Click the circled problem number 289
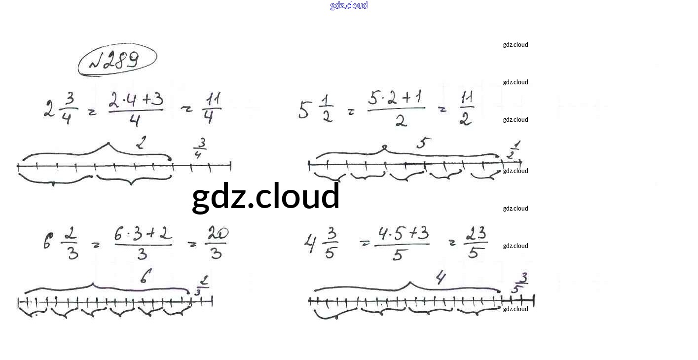click(x=117, y=60)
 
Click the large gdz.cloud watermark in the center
click(x=266, y=196)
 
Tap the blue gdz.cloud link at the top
click(x=349, y=5)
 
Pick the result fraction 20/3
click(x=216, y=242)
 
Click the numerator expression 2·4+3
click(x=135, y=100)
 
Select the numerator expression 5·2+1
click(x=396, y=98)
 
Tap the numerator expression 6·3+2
click(x=143, y=234)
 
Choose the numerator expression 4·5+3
click(x=402, y=233)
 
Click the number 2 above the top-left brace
click(x=142, y=143)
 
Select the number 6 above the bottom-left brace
click(x=143, y=278)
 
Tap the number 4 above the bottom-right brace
click(x=441, y=278)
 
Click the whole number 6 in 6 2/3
click(x=47, y=242)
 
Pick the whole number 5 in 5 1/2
click(x=304, y=110)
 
